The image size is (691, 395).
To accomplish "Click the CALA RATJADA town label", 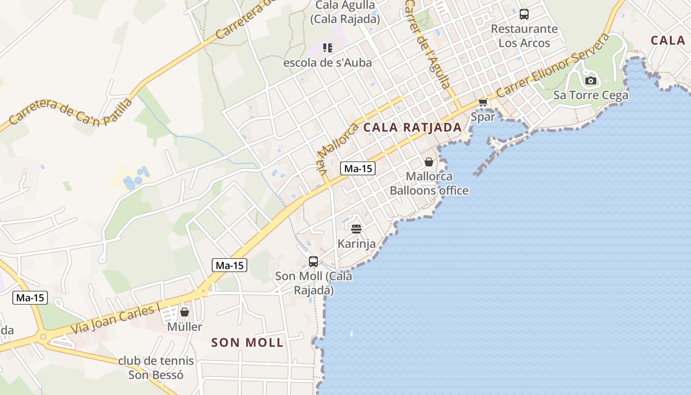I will pos(412,127).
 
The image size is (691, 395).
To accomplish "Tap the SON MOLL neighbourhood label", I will pos(247,343).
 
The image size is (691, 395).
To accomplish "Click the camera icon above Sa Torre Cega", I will pos(590,80).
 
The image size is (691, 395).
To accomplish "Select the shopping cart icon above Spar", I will pos(483,102).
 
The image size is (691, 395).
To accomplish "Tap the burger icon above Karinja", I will pos(356,229).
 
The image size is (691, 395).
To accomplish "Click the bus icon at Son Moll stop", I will pos(313,262).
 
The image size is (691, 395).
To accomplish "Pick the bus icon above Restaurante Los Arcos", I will pos(524,14).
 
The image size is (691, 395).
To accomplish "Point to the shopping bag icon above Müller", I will pos(185,312).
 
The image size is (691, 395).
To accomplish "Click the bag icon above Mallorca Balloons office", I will pos(429,161).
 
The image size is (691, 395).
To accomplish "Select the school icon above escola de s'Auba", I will pos(328,48).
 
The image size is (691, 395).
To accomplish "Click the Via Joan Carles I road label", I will pos(116,318).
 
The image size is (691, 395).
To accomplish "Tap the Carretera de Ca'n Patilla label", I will pos(71,111).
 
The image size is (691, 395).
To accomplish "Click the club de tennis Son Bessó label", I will pos(156,368).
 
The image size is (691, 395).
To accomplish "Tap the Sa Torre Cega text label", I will pos(591,95).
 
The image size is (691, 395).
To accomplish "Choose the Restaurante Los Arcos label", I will pos(524,36).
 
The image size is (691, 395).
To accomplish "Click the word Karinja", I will pos(356,243).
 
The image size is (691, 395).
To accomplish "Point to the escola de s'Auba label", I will pos(327,63).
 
